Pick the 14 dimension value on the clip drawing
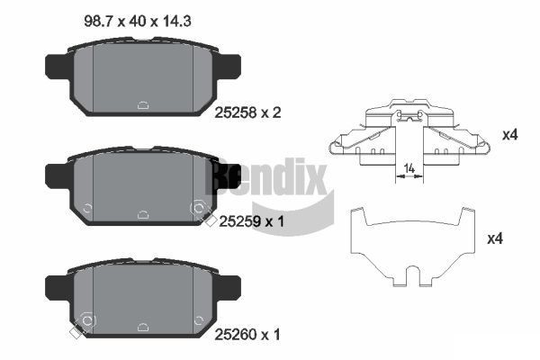(409, 167)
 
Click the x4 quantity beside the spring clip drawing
(510, 135)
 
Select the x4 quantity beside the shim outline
(493, 239)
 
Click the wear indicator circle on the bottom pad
(87, 319)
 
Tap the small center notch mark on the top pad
(143, 105)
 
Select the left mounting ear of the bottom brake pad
(57, 287)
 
